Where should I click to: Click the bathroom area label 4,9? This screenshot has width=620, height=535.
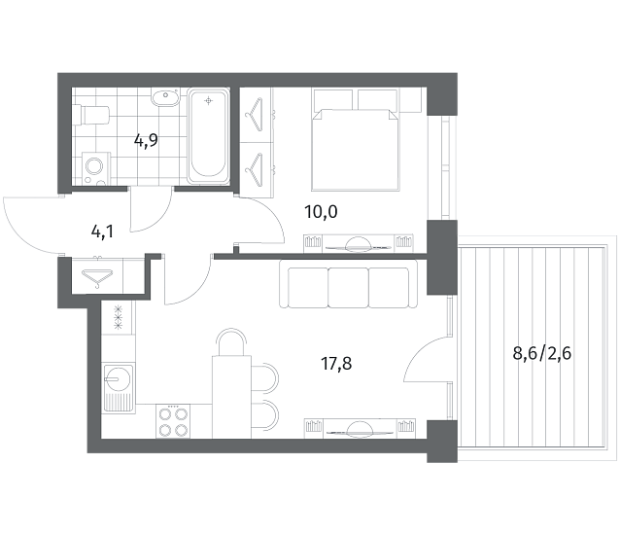pyautogui.click(x=146, y=140)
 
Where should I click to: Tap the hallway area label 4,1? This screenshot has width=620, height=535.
pyautogui.click(x=102, y=232)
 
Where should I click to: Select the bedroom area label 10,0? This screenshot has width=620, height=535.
pyautogui.click(x=321, y=212)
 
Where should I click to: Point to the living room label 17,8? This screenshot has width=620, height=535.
pyautogui.click(x=336, y=364)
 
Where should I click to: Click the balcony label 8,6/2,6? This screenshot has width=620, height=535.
pyautogui.click(x=541, y=353)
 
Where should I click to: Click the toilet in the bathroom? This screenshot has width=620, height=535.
pyautogui.click(x=90, y=115)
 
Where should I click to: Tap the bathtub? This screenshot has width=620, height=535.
pyautogui.click(x=208, y=136)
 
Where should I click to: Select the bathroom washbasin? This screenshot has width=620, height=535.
pyautogui.click(x=165, y=97)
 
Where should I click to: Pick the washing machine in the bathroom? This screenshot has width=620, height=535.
pyautogui.click(x=96, y=169)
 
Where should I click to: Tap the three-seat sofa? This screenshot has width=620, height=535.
pyautogui.click(x=348, y=284)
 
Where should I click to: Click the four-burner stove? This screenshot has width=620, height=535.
pyautogui.click(x=173, y=421)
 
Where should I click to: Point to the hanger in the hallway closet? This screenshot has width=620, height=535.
pyautogui.click(x=97, y=276)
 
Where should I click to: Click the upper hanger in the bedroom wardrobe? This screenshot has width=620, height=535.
pyautogui.click(x=254, y=114)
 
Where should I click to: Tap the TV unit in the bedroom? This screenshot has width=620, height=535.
pyautogui.click(x=359, y=243)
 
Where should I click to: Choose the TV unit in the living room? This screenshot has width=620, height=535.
pyautogui.click(x=360, y=429)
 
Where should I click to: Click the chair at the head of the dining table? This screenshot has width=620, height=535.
pyautogui.click(x=231, y=341)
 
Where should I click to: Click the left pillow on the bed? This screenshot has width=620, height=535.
pyautogui.click(x=332, y=99)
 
